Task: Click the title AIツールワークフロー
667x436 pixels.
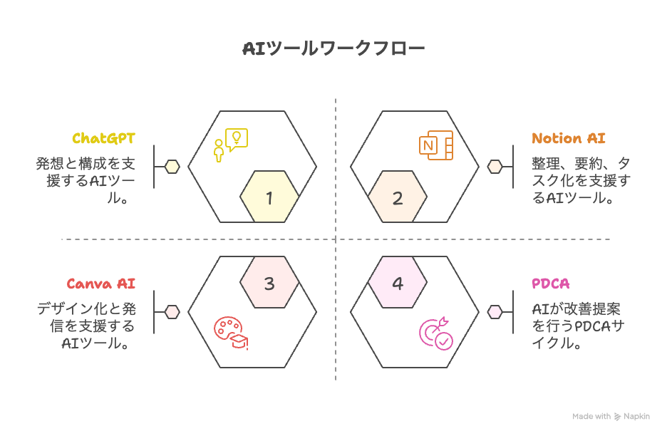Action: (333, 48)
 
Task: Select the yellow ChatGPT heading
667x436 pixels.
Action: (103, 138)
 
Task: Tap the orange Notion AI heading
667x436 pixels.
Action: (569, 138)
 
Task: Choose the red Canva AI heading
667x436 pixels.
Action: (101, 284)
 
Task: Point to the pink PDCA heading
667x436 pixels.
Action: (551, 284)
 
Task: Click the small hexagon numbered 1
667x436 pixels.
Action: (269, 198)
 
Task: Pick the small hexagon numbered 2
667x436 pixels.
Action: (398, 198)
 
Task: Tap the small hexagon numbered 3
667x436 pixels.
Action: (269, 284)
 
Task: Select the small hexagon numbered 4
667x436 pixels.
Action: (398, 284)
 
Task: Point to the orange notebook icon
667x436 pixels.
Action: (435, 146)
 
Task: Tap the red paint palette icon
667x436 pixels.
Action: (230, 333)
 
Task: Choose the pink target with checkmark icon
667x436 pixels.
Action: (435, 333)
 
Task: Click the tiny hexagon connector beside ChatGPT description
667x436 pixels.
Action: (172, 167)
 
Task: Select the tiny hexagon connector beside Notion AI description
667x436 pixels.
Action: (495, 167)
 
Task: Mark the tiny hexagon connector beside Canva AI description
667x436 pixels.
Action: (172, 312)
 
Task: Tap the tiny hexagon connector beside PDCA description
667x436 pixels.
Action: (495, 312)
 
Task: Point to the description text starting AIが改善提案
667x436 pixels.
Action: (577, 326)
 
